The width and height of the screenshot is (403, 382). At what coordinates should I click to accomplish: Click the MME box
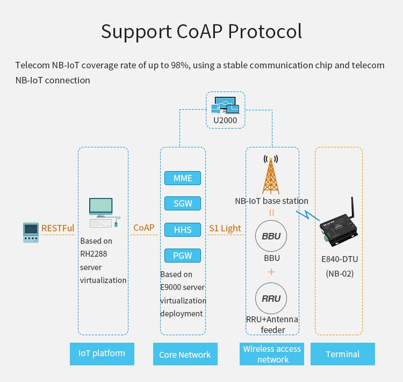pyautogui.click(x=183, y=178)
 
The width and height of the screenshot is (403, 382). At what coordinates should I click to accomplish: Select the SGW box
pyautogui.click(x=183, y=203)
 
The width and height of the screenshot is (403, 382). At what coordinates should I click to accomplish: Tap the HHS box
pyautogui.click(x=183, y=229)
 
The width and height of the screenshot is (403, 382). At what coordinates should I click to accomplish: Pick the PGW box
pyautogui.click(x=183, y=255)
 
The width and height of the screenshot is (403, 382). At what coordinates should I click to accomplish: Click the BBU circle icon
pyautogui.click(x=271, y=237)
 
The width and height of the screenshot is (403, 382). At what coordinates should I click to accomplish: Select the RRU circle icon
pyautogui.click(x=271, y=299)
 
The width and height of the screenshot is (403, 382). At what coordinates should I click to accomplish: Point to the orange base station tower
pyautogui.click(x=271, y=175)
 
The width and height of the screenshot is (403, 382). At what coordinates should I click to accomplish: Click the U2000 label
pyautogui.click(x=225, y=120)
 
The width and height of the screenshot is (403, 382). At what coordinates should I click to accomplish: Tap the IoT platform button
pyautogui.click(x=102, y=353)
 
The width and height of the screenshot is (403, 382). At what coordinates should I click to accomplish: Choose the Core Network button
pyautogui.click(x=185, y=354)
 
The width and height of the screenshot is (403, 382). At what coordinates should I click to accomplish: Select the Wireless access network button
pyautogui.click(x=272, y=354)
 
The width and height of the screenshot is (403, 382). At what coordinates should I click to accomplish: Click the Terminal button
pyautogui.click(x=342, y=354)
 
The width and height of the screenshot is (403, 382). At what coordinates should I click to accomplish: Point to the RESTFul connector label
pyautogui.click(x=57, y=228)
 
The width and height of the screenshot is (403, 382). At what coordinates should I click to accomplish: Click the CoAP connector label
pyautogui.click(x=143, y=228)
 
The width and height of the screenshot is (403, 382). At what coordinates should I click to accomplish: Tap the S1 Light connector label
pyautogui.click(x=225, y=228)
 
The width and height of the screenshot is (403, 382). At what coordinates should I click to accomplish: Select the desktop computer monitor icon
pyautogui.click(x=101, y=207)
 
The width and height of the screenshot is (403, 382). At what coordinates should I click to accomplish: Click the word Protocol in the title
pyautogui.click(x=265, y=31)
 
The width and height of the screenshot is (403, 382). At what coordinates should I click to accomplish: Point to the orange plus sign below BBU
pyautogui.click(x=271, y=272)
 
